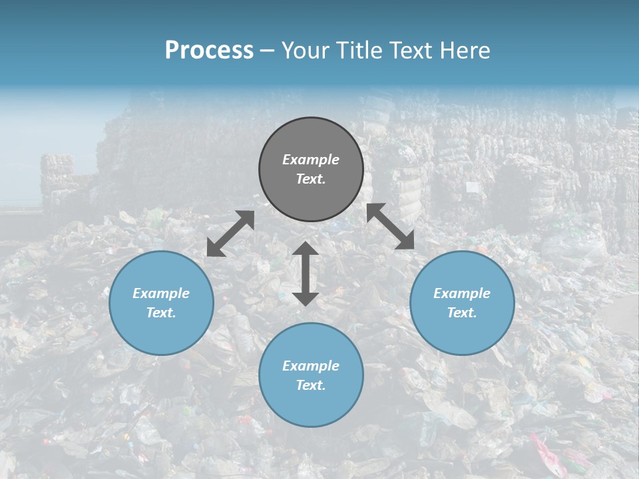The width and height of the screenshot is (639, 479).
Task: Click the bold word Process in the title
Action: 209,51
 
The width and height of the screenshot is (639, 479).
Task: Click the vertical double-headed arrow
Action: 306,273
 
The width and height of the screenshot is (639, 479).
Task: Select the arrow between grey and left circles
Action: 230,234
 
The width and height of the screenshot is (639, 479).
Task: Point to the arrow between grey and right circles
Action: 391,227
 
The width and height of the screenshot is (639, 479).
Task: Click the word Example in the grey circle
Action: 311,160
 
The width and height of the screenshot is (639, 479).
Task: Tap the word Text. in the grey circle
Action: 311,179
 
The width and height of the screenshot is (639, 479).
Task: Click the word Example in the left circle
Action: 161,293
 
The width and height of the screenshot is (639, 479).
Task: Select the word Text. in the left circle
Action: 161,313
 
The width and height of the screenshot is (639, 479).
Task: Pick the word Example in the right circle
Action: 462,293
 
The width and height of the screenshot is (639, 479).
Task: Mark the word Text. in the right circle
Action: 462,313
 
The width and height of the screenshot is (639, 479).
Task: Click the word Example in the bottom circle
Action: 311,366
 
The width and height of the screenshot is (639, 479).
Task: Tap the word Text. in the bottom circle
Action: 311,385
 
